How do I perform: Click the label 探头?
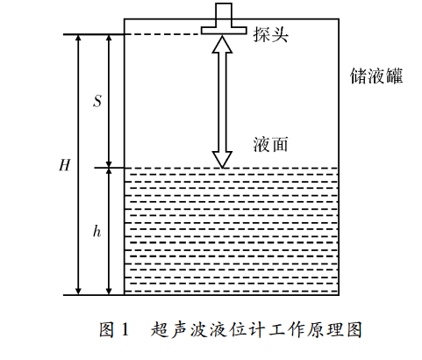click(270, 34)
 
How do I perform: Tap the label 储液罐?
click(376, 76)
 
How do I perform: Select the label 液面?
click(270, 144)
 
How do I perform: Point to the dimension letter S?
click(97, 101)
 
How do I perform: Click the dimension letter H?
click(65, 165)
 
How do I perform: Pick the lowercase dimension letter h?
click(97, 232)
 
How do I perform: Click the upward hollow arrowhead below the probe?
click(222, 44)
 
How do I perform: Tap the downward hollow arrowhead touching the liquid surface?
click(222, 160)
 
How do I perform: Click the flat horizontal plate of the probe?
click(224, 30)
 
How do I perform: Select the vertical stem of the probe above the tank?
click(224, 15)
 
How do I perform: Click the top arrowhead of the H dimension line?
click(78, 39)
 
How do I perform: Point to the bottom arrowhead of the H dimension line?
click(78, 291)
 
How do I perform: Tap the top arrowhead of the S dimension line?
click(109, 39)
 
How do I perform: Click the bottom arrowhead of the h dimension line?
click(109, 291)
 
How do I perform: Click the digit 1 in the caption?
click(125, 329)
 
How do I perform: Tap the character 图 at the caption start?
click(106, 329)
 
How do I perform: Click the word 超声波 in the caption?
click(180, 329)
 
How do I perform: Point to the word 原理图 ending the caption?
click(334, 329)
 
